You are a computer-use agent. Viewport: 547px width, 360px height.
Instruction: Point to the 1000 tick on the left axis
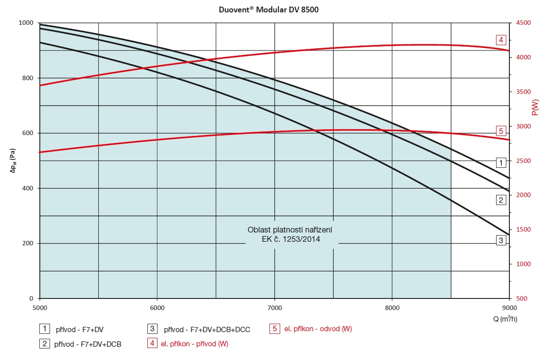click(x=27, y=23)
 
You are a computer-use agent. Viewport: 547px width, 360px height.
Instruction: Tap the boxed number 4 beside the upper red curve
click(x=501, y=40)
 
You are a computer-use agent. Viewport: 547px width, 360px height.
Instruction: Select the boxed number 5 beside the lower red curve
click(x=501, y=131)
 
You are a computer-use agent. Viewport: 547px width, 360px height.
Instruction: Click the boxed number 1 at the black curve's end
click(x=501, y=163)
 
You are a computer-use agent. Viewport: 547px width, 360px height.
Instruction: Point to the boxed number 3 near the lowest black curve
click(x=501, y=240)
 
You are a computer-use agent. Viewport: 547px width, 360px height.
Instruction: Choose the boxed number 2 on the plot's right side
click(x=501, y=200)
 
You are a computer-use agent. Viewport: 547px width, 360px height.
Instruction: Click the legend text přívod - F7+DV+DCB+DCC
click(x=207, y=329)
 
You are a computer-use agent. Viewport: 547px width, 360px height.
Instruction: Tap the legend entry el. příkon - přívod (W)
click(x=194, y=344)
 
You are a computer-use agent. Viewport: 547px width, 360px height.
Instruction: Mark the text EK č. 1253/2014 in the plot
click(x=291, y=240)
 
